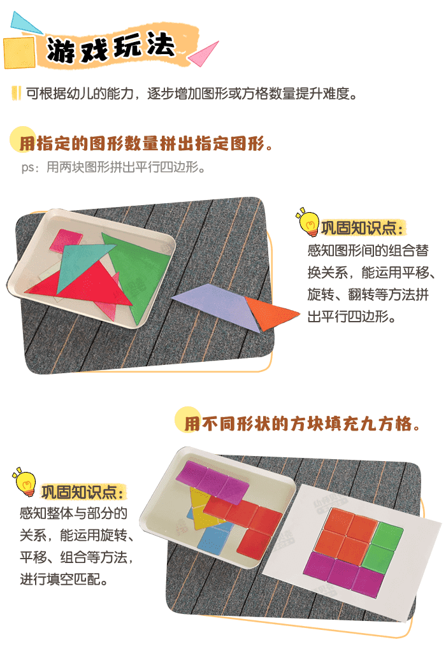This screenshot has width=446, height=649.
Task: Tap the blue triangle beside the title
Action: pos(24,24)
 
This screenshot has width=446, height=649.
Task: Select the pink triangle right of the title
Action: pos(205,53)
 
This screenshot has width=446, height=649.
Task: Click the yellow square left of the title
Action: pos(18,52)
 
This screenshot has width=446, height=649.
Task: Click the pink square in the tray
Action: pos(68,240)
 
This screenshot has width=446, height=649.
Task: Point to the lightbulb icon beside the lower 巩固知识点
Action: pos(25,483)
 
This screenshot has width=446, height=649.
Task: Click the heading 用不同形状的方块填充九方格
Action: pos(302,424)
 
